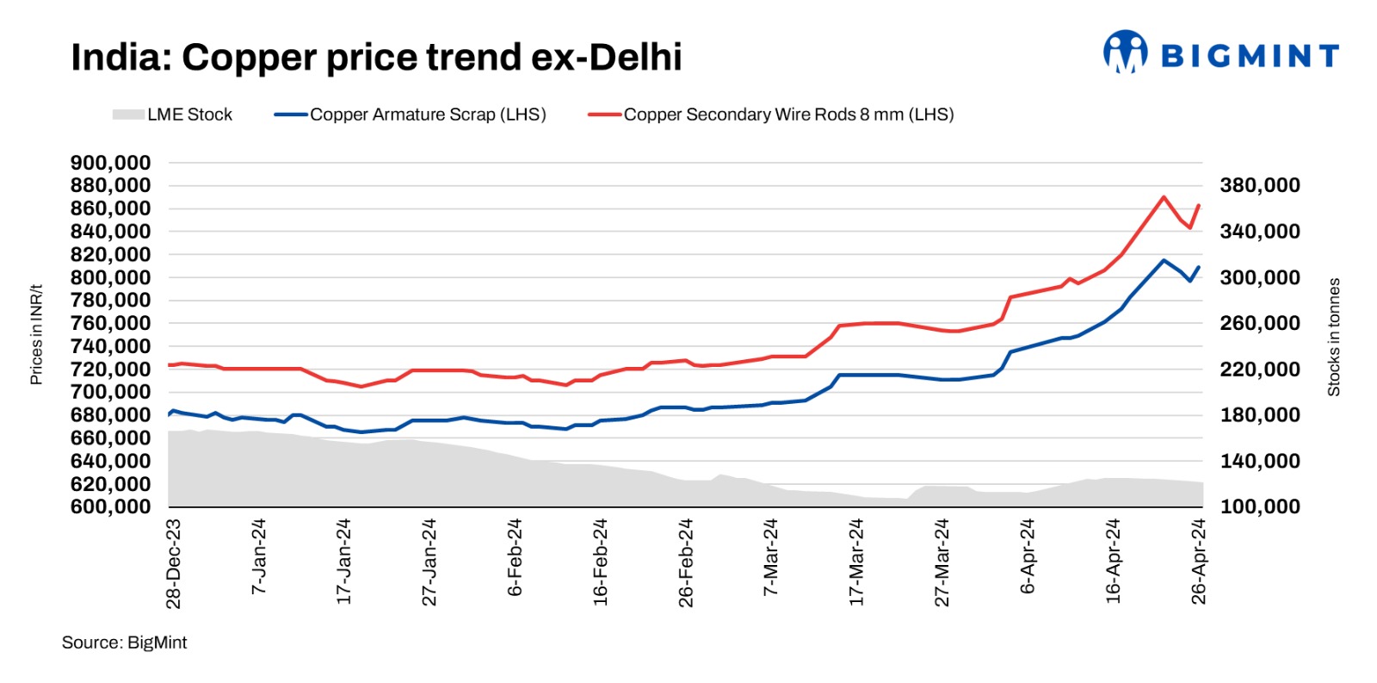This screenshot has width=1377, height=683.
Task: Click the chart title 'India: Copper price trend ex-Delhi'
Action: tap(376, 58)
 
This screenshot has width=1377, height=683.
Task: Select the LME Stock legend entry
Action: tap(172, 115)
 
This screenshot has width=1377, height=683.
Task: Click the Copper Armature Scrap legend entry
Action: tap(410, 115)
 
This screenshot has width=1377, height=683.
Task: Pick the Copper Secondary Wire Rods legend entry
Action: tap(770, 115)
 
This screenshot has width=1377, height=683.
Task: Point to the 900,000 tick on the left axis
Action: tap(110, 163)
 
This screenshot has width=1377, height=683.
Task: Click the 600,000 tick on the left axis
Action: tap(110, 506)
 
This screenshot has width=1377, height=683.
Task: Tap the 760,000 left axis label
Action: tap(110, 323)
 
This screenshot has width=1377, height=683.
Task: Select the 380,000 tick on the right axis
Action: tap(1260, 185)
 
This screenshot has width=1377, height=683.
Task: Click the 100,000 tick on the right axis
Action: tap(1260, 506)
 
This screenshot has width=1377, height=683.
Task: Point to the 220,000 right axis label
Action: tap(1260, 369)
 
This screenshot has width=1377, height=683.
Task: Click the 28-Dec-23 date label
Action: tap(174, 563)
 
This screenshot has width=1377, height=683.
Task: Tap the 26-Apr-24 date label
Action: tap(1199, 562)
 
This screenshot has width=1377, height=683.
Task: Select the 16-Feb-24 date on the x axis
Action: tap(601, 562)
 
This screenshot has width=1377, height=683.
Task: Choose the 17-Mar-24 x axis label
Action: tap(857, 562)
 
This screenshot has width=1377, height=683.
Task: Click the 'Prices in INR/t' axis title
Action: tap(36, 334)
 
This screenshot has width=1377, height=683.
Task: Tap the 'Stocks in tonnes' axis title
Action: tap(1334, 337)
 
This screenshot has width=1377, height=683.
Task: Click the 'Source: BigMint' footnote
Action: tap(124, 643)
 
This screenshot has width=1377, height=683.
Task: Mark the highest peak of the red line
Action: tap(1164, 197)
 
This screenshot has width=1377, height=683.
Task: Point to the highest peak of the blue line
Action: tap(1164, 260)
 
